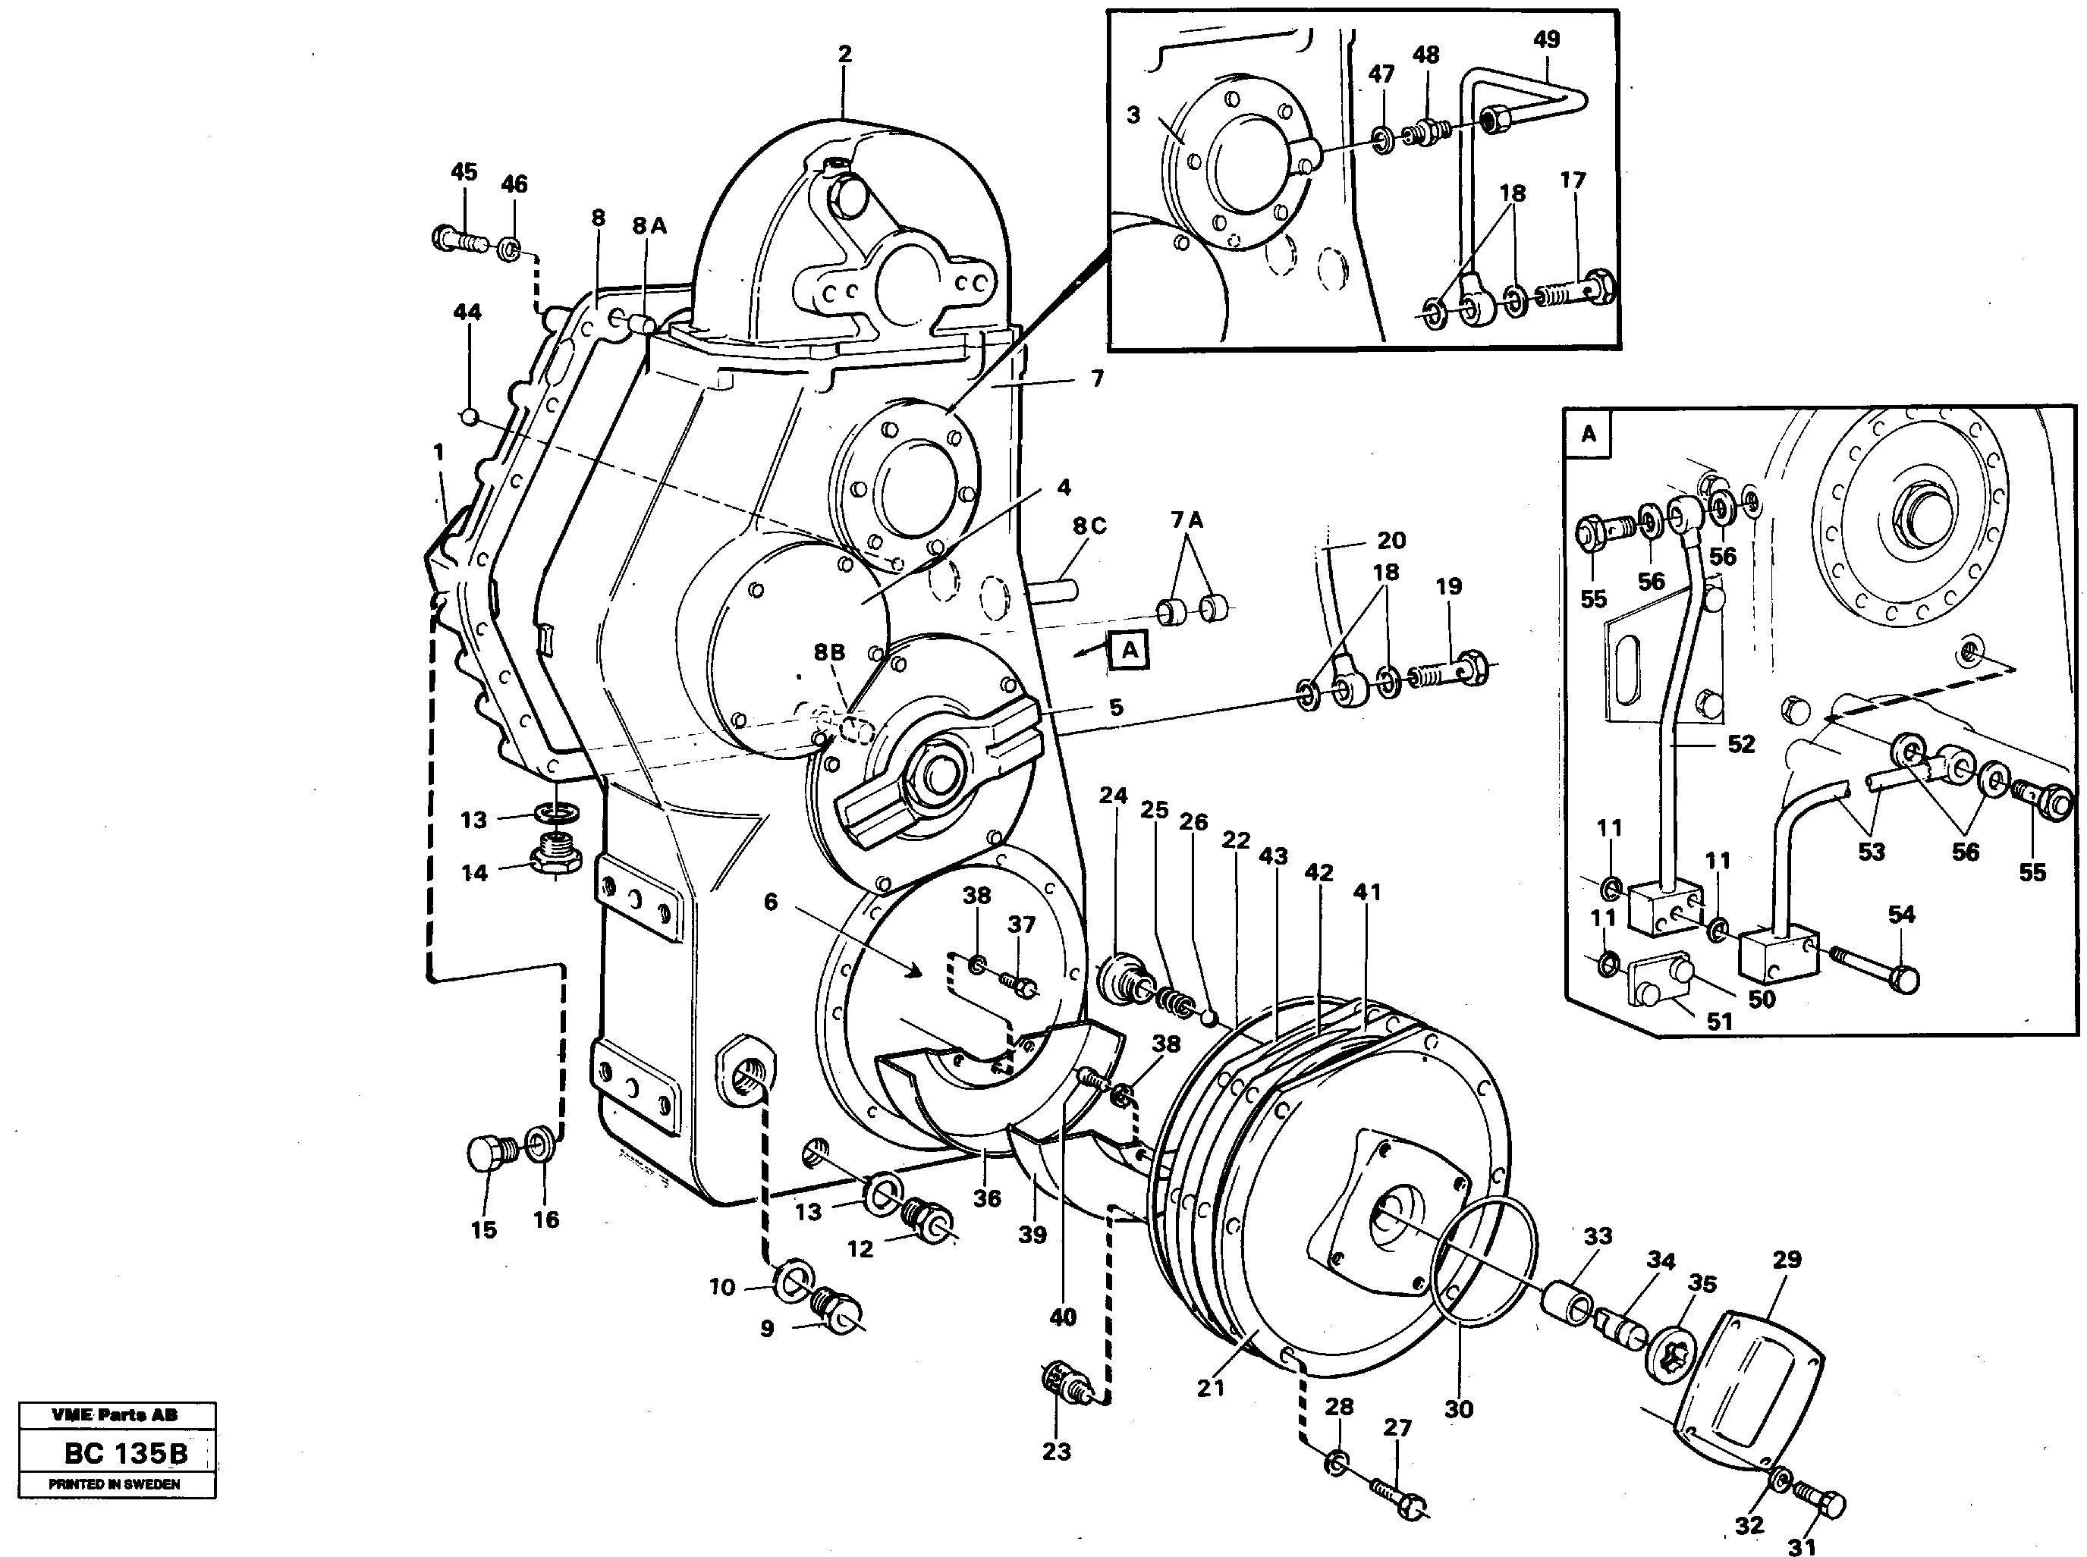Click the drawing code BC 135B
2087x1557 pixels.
pos(125,1453)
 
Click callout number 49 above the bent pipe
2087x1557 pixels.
pos(1546,39)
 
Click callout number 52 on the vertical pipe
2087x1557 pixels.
pos(1740,744)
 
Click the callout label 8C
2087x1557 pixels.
pos(1089,526)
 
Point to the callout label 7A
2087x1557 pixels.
pos(1187,520)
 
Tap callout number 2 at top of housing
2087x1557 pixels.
pos(844,54)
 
